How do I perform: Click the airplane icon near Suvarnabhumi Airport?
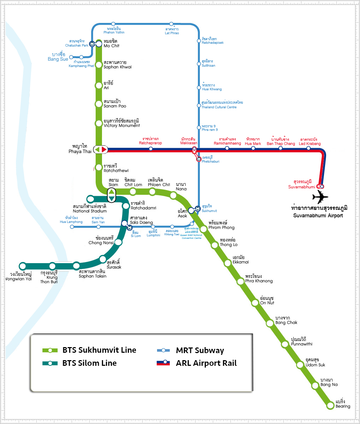click(x=320, y=197)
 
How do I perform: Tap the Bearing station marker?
click(x=330, y=405)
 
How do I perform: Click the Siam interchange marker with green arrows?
click(x=111, y=195)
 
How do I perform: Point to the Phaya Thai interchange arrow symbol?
click(x=101, y=150)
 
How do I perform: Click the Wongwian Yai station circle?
click(x=23, y=266)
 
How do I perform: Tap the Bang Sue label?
click(x=58, y=57)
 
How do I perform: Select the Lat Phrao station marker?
click(x=171, y=24)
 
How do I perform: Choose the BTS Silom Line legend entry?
click(x=89, y=363)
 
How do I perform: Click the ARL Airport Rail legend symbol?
click(x=164, y=363)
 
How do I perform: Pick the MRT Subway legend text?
click(x=200, y=350)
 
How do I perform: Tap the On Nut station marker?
click(x=255, y=303)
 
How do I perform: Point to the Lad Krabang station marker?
click(x=308, y=148)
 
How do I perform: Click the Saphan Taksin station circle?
click(x=77, y=266)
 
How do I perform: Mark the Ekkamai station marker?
click(x=228, y=262)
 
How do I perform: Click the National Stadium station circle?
click(x=90, y=199)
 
